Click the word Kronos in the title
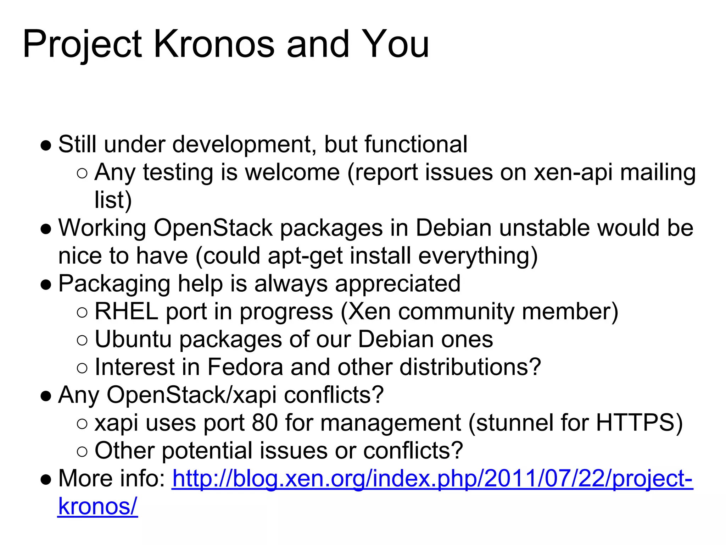[214, 44]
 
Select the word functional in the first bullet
[416, 144]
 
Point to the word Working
[102, 228]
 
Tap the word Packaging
[114, 284]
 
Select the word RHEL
[126, 312]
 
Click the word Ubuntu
[133, 339]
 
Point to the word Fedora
[245, 367]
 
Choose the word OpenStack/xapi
[191, 395]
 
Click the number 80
[264, 423]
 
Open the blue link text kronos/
[97, 506]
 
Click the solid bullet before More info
[46, 479]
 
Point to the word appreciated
[397, 284]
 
